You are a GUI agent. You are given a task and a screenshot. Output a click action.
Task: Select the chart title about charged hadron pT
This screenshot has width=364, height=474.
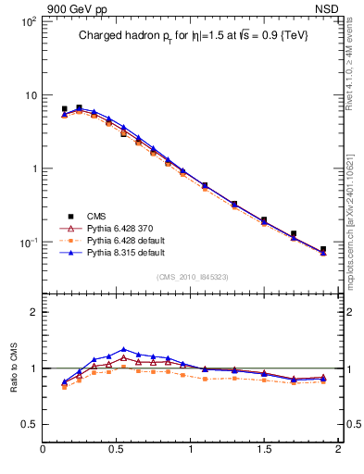[x=192, y=35]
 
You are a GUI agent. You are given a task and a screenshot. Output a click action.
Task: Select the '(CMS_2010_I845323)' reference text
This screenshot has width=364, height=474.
[x=192, y=276]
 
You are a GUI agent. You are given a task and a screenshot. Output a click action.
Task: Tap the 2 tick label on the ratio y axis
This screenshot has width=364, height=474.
[x=33, y=312]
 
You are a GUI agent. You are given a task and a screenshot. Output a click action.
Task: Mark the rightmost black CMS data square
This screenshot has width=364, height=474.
[x=323, y=249]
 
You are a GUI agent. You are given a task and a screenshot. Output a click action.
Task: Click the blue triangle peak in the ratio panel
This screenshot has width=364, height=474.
[x=123, y=350]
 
